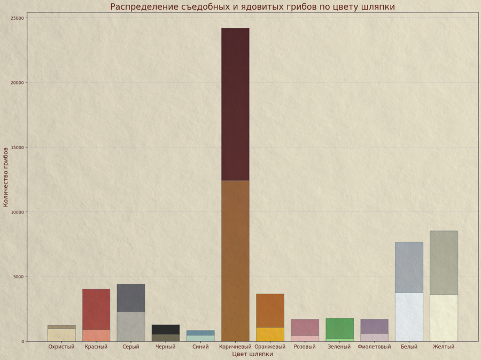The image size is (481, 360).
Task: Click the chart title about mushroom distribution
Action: [x=252, y=7]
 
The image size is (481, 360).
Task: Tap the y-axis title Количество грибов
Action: [x=6, y=177]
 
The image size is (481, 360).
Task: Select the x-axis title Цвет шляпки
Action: [x=252, y=354]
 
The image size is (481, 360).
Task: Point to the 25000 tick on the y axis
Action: [x=18, y=18]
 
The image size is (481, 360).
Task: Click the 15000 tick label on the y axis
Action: [x=18, y=148]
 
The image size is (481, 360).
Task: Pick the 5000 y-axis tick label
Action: [x=19, y=277]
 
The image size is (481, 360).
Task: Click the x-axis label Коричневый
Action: [x=235, y=347]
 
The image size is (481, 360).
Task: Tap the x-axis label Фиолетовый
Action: [x=374, y=347]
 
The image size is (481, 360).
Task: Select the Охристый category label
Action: [x=61, y=347]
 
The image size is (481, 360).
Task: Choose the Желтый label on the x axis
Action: [x=444, y=347]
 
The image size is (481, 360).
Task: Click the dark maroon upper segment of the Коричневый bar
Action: [x=235, y=104]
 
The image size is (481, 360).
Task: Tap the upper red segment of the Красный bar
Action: [x=96, y=309]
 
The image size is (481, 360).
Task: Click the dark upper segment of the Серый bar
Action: [x=131, y=298]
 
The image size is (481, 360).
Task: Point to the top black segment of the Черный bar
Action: [x=166, y=330]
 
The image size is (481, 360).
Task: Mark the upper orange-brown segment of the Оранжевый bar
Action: [x=270, y=310]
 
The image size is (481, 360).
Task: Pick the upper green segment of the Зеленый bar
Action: [x=339, y=328]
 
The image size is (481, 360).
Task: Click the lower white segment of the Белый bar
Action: [x=409, y=317]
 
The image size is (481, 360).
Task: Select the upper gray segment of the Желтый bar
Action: [x=444, y=263]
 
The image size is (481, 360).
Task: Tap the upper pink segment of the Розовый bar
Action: [x=305, y=327]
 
